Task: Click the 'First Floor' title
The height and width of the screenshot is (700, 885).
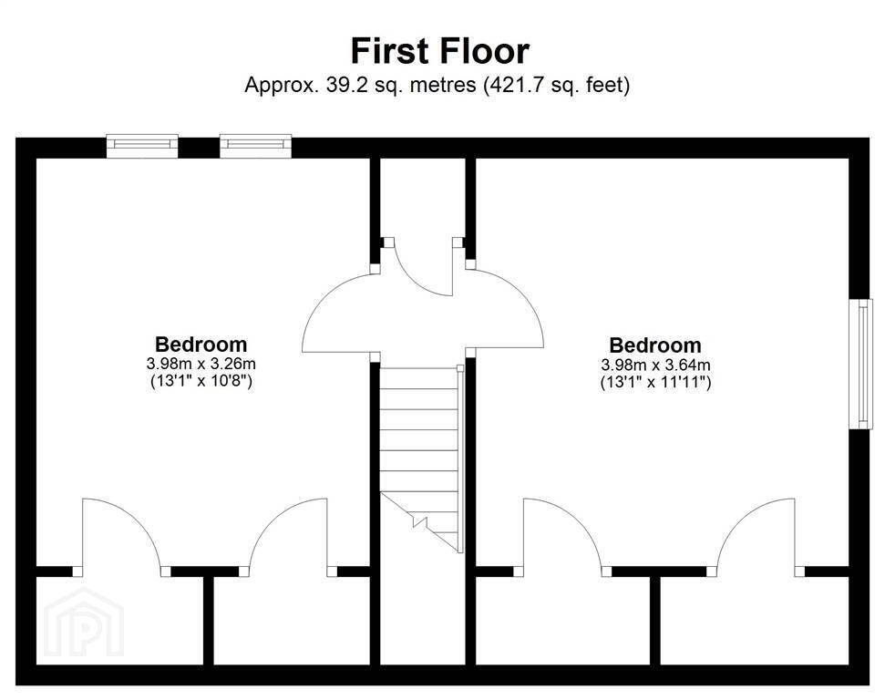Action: click(439, 51)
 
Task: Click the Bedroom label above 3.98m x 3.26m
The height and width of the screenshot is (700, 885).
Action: click(201, 344)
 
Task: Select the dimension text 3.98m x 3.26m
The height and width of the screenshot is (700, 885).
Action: click(201, 363)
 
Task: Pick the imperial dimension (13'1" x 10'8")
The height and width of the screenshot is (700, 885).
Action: click(201, 381)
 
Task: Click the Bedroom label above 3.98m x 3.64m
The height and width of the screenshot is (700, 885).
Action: click(655, 345)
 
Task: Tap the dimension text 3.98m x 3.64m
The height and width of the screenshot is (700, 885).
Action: click(655, 364)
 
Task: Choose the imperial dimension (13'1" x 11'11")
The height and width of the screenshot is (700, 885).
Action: click(655, 382)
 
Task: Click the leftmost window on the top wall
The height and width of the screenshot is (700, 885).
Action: click(142, 146)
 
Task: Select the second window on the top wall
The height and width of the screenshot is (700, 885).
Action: click(255, 146)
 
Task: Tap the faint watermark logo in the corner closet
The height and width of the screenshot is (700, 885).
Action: click(83, 622)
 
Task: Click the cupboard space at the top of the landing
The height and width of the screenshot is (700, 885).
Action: click(423, 198)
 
